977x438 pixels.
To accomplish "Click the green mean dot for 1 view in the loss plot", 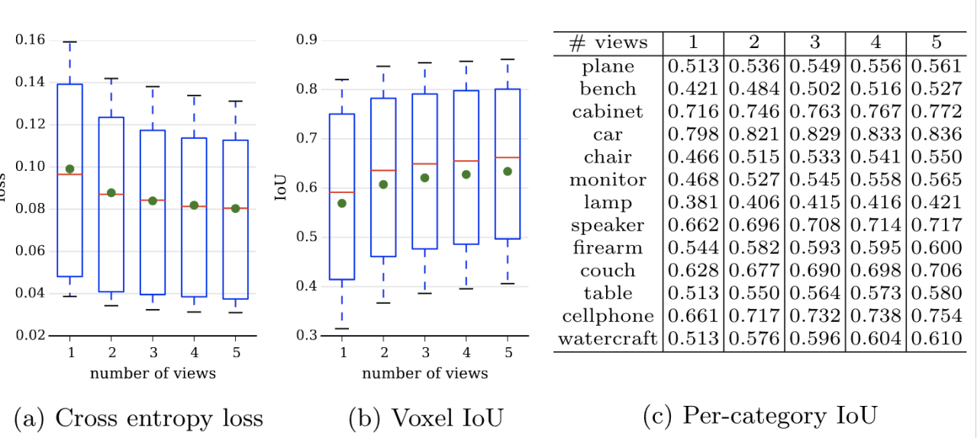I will tap(69, 169).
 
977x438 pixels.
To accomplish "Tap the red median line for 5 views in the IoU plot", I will tap(507, 158).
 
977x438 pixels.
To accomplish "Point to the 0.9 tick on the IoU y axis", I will tap(307, 40).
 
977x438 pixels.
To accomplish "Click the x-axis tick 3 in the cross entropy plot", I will tap(153, 350).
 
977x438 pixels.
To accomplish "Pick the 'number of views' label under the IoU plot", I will tap(424, 373).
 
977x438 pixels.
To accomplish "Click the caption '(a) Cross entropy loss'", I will tap(138, 417).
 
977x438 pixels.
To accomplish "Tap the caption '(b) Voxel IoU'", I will tap(426, 417).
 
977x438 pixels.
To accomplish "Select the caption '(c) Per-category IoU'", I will tap(760, 416).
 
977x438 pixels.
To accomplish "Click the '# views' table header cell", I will tap(608, 43).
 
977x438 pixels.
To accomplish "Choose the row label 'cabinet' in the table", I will tap(608, 112).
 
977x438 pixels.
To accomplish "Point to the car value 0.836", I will tap(936, 135).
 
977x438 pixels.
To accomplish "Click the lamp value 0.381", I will tap(693, 203).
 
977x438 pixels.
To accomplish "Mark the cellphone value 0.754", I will tap(936, 317).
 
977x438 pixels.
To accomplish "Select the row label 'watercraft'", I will tap(608, 339).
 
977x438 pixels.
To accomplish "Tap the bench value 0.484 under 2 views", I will tap(753, 89).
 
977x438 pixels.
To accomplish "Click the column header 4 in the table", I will tap(875, 43).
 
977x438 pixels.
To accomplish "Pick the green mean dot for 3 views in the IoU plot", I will tap(424, 178).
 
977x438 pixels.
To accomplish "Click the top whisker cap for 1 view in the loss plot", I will tap(69, 42).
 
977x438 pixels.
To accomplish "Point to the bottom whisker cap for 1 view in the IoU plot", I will tap(341, 329).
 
